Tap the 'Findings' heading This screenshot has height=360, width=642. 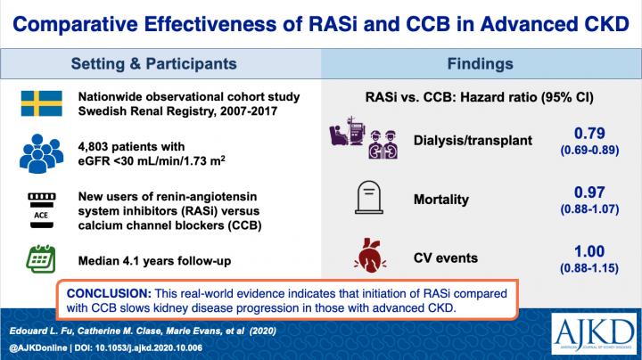pos(482,64)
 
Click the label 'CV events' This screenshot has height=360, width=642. pos(446,258)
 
